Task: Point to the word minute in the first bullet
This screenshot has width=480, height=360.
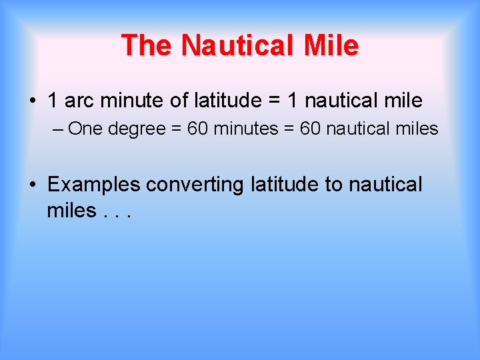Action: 132,101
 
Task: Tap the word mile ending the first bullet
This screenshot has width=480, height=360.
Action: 403,101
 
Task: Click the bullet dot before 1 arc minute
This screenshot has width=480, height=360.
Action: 32,101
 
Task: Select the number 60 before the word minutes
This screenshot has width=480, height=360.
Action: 197,128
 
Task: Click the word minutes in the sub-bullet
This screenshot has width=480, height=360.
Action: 245,128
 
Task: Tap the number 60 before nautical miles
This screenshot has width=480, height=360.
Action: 311,128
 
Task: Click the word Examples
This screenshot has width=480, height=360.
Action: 94,185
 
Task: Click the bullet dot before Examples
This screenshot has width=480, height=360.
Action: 32,185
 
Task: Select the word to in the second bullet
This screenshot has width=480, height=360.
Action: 333,185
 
